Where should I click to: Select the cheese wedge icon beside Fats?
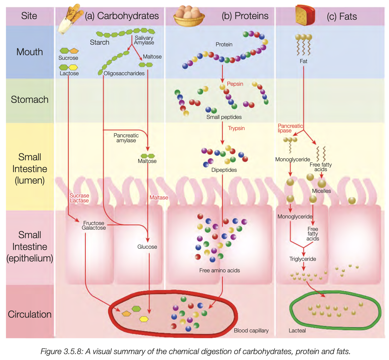pyautogui.click(x=305, y=15)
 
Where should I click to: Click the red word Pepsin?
pyautogui.click(x=235, y=84)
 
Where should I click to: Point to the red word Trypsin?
pyautogui.click(x=236, y=128)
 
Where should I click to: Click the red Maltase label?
pyautogui.click(x=159, y=197)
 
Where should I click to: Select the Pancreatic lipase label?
pyautogui.click(x=290, y=128)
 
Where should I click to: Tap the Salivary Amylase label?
pyautogui.click(x=144, y=40)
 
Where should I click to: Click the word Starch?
pyautogui.click(x=100, y=42)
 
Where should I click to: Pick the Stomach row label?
pyautogui.click(x=30, y=100)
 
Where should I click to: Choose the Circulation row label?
pyautogui.click(x=30, y=314)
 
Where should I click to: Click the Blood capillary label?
pyautogui.click(x=251, y=330)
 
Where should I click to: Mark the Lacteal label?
pyautogui.click(x=297, y=330)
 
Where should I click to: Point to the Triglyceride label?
pyautogui.click(x=303, y=259)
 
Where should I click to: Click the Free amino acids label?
pyautogui.click(x=219, y=270)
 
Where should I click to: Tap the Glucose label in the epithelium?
pyautogui.click(x=147, y=247)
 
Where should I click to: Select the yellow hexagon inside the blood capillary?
pyautogui.click(x=144, y=319)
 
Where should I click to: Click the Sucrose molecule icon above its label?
pyautogui.click(x=69, y=51)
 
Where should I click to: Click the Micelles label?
pyautogui.click(x=321, y=191)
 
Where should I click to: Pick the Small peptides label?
pyautogui.click(x=224, y=117)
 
